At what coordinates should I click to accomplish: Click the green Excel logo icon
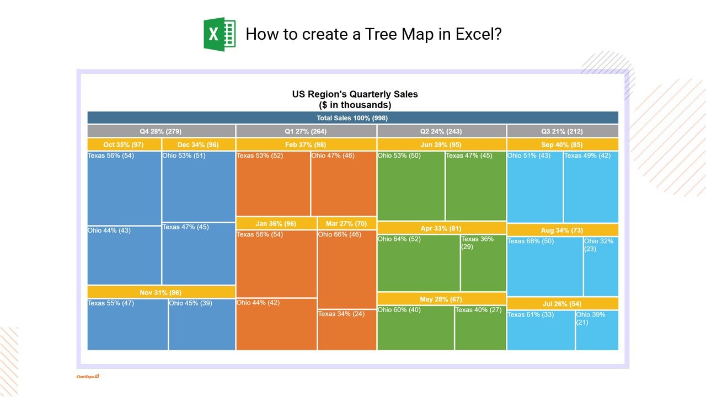pos(220,34)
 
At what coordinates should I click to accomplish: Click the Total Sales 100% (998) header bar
pos(352,117)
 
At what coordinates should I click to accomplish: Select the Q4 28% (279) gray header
pos(161,131)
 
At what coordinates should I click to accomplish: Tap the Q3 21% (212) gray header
pos(563,131)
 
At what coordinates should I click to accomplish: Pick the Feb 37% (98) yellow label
pos(306,144)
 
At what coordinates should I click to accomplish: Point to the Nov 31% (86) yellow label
pos(161,292)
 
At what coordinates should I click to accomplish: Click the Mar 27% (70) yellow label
pos(347,223)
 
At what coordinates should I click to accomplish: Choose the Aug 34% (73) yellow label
pos(563,230)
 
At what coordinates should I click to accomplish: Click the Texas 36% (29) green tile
pos(483,263)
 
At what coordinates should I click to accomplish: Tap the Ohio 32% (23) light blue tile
pos(601,266)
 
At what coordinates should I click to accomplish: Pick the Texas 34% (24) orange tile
pos(347,330)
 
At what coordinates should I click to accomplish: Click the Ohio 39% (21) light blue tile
pos(597,330)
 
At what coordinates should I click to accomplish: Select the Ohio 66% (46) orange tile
pos(347,270)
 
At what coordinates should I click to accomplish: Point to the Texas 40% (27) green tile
pos(480,328)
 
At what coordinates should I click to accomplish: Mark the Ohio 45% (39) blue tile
pos(202,325)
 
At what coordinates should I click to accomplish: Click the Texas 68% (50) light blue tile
pos(544,266)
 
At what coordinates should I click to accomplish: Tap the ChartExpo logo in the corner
pos(88,376)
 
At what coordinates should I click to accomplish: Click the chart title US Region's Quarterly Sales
pos(355,94)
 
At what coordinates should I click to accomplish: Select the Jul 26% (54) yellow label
pos(563,304)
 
